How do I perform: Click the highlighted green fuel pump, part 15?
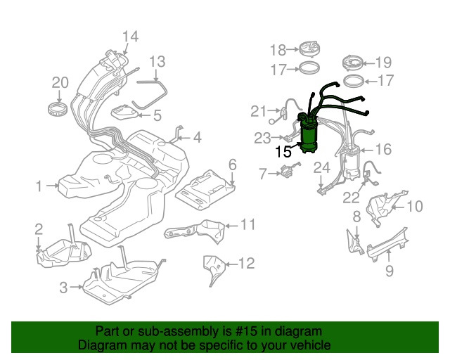tap(308, 134)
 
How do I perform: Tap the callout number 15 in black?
tap(283, 151)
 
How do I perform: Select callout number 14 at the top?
tap(130, 37)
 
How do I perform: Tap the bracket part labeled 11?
tap(193, 231)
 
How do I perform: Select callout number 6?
tap(232, 165)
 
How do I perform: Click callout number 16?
tap(383, 149)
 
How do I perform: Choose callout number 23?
tap(262, 137)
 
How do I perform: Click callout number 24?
tap(321, 167)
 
